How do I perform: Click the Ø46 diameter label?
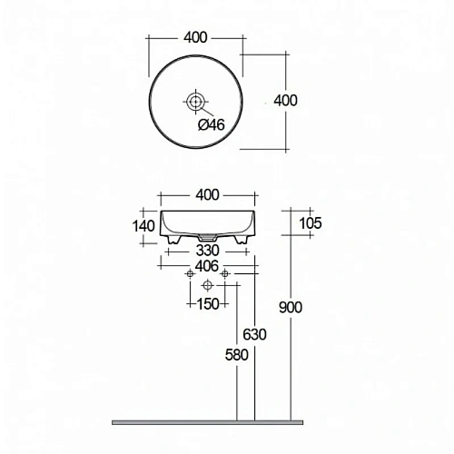point(211,125)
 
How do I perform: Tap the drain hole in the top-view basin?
point(196,100)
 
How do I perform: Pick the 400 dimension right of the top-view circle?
point(285,100)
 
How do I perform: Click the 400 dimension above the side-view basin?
point(208,194)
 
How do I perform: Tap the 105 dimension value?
point(310,223)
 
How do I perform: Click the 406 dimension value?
point(208,265)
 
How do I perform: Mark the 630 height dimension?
point(255,334)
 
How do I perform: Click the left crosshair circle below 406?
point(189,273)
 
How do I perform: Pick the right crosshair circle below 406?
point(225,273)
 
